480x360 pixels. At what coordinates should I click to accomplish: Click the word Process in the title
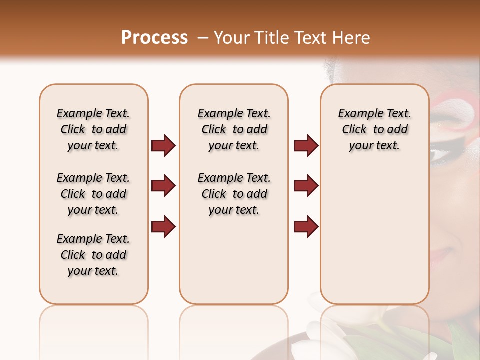[154, 38]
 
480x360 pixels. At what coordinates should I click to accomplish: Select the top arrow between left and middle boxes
[163, 146]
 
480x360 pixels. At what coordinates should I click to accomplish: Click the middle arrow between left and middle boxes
[163, 186]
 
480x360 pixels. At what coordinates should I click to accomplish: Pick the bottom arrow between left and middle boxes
[163, 226]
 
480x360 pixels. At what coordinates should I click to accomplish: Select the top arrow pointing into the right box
[306, 146]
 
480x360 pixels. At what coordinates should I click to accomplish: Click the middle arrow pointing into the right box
[306, 186]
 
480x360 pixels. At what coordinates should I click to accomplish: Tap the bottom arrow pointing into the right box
[306, 226]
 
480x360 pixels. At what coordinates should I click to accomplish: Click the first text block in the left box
[93, 129]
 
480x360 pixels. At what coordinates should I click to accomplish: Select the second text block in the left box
[93, 194]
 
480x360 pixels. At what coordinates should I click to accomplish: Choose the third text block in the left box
[93, 255]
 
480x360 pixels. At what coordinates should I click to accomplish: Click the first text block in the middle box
[234, 129]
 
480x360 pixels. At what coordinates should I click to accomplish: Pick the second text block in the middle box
[234, 194]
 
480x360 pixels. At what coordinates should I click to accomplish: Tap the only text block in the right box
[375, 129]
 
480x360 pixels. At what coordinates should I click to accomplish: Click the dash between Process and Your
[201, 38]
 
